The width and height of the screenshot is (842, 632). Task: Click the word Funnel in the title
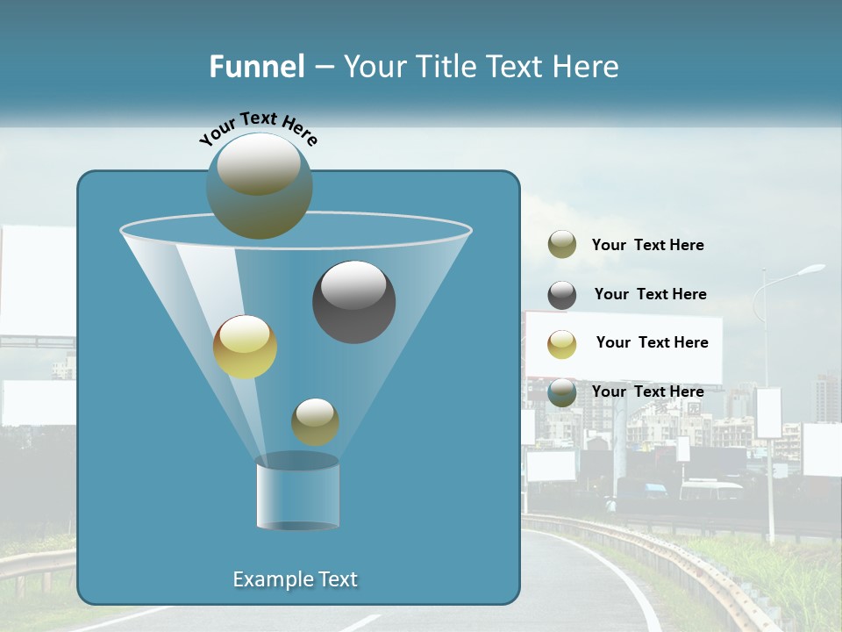pyautogui.click(x=256, y=67)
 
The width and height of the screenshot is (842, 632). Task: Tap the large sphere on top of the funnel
pyautogui.click(x=259, y=185)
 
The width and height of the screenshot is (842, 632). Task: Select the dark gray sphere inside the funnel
pyautogui.click(x=353, y=302)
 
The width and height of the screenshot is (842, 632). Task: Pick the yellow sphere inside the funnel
pyautogui.click(x=245, y=347)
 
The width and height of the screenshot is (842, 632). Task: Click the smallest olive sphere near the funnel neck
pyautogui.click(x=315, y=421)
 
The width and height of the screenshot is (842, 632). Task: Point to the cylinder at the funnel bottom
pyautogui.click(x=297, y=492)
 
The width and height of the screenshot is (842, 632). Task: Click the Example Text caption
pyautogui.click(x=295, y=579)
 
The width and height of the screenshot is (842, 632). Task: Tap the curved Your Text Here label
pyautogui.click(x=258, y=128)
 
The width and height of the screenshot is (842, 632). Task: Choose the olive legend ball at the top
pyautogui.click(x=562, y=245)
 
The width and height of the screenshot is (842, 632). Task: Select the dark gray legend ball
pyautogui.click(x=562, y=295)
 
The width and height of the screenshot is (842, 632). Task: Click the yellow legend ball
pyautogui.click(x=562, y=344)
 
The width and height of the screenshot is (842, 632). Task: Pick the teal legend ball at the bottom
pyautogui.click(x=562, y=392)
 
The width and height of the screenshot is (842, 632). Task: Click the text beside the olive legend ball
pyautogui.click(x=647, y=245)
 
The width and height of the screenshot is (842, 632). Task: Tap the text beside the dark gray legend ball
pyautogui.click(x=650, y=294)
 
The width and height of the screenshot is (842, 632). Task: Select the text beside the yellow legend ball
pyautogui.click(x=652, y=342)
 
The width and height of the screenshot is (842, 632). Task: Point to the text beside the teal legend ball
pyautogui.click(x=647, y=391)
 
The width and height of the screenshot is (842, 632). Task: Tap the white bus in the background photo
pyautogui.click(x=710, y=489)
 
